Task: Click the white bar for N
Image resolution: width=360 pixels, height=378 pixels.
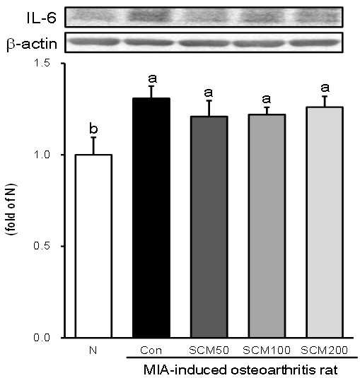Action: click(x=93, y=246)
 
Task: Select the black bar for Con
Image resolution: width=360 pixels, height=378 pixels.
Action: click(x=151, y=218)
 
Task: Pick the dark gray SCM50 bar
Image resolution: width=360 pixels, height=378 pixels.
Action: click(x=209, y=227)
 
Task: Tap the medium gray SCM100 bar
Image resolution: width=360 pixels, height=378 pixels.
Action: click(x=267, y=226)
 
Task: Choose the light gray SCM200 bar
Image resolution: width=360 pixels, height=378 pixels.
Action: click(x=325, y=223)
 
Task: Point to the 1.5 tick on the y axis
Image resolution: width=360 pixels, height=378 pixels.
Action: click(x=62, y=64)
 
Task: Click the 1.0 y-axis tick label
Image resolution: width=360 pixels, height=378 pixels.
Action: click(x=42, y=155)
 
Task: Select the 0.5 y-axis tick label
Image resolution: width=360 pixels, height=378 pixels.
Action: click(x=42, y=246)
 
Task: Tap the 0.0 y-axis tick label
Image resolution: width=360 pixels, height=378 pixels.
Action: click(x=42, y=337)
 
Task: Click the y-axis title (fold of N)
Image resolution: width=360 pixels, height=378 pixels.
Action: click(x=11, y=209)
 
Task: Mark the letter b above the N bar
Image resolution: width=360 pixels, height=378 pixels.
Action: click(x=93, y=128)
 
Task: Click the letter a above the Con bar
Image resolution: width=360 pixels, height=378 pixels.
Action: click(x=152, y=78)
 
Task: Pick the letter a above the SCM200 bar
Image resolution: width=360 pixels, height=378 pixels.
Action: click(x=325, y=88)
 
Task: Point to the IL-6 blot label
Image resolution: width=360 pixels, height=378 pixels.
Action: click(x=41, y=18)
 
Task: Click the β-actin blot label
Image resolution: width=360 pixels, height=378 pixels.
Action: click(x=32, y=45)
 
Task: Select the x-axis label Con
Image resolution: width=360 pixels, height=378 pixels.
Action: click(x=151, y=350)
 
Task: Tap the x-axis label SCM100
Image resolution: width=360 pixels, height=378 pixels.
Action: click(x=267, y=350)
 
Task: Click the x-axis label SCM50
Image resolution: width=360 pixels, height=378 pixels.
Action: click(x=209, y=350)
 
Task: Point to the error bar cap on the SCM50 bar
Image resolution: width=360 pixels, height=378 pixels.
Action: click(x=209, y=100)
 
